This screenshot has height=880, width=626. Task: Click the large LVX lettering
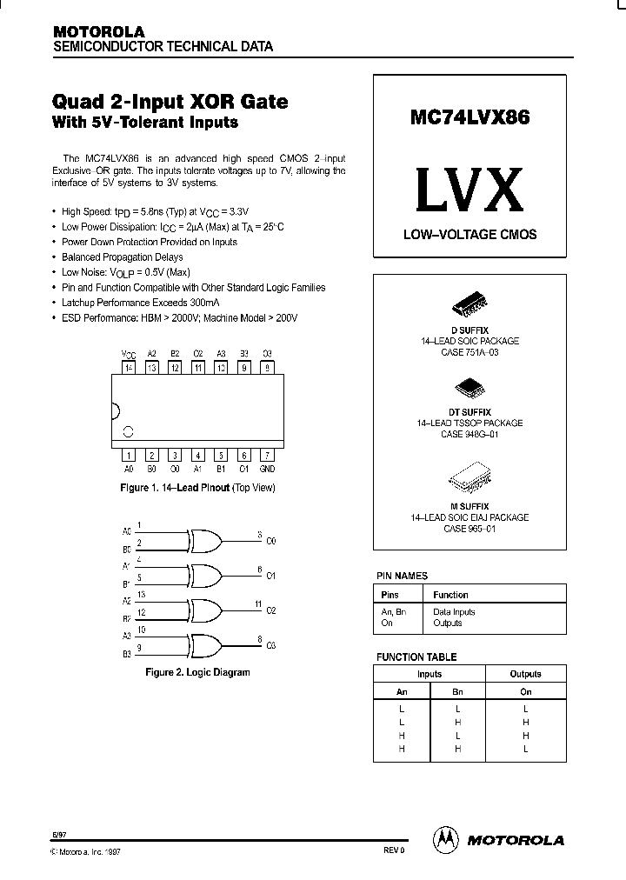pos(469,189)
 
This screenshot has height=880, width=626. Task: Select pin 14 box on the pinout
pos(129,369)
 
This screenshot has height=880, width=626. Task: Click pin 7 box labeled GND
pos(267,455)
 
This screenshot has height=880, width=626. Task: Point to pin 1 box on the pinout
pos(129,455)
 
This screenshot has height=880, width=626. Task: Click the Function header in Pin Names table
pos(450,595)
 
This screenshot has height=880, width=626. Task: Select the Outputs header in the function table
pos(525,674)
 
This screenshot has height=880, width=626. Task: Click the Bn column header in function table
pos(458,691)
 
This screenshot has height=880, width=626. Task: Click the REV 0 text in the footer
pos(393,850)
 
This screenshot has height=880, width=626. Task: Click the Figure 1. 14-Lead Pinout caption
pos(196,488)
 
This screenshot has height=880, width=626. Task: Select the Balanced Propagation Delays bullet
pos(122,257)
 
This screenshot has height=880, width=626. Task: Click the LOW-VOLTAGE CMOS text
pos(469,235)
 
